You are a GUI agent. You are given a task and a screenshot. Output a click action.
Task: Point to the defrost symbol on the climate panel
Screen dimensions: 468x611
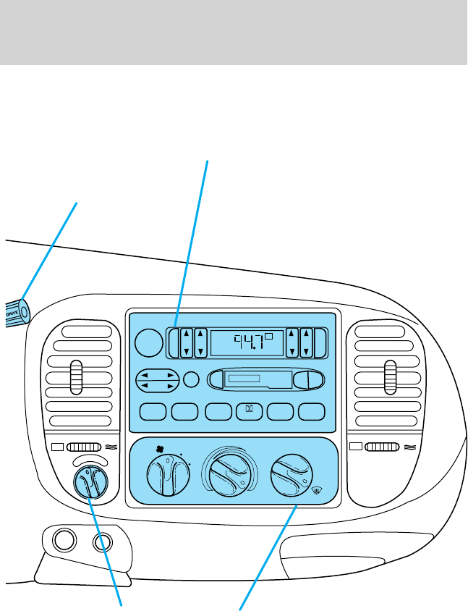point(316,493)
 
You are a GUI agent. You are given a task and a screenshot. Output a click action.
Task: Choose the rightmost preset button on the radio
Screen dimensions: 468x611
point(312,410)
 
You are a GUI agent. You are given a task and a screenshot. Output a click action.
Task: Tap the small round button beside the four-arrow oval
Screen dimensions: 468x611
point(192,379)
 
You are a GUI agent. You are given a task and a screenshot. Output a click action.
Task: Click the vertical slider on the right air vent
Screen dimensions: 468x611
point(391,376)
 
